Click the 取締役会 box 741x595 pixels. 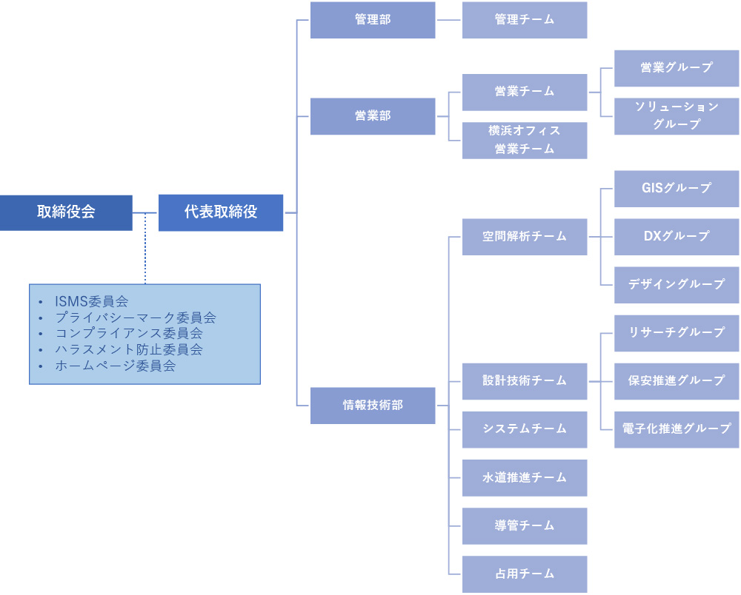click(x=66, y=212)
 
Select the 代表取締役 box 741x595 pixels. click(x=221, y=212)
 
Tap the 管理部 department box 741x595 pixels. click(x=373, y=20)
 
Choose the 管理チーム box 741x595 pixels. click(x=525, y=20)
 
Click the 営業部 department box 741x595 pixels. click(x=373, y=116)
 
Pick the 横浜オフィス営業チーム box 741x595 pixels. click(x=525, y=140)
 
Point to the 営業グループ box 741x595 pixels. click(x=677, y=67)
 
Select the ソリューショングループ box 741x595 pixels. click(x=677, y=116)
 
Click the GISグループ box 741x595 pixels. click(x=677, y=188)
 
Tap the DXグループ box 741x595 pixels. click(x=677, y=236)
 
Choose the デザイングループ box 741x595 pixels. click(x=677, y=284)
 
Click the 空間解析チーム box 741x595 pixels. click(x=525, y=237)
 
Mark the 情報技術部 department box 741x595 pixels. click(x=373, y=406)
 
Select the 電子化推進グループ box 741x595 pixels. click(x=677, y=429)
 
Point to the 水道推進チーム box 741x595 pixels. click(x=525, y=477)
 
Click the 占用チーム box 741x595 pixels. click(x=525, y=574)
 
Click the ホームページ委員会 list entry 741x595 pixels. click(x=116, y=366)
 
